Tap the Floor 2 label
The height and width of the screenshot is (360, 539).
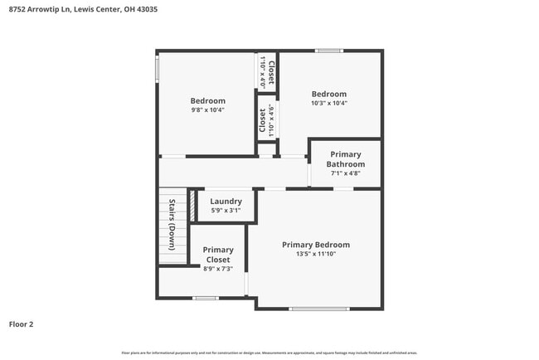pos(21,324)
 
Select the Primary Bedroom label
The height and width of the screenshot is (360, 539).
pos(315,245)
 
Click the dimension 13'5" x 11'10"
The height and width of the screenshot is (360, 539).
pos(315,255)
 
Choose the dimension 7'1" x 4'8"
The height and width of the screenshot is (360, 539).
pos(345,174)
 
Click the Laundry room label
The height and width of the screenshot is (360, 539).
pos(226,201)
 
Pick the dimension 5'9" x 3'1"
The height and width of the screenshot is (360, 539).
pos(226,211)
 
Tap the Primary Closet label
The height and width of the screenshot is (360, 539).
pos(218,255)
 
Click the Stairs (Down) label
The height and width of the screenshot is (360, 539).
pos(172,225)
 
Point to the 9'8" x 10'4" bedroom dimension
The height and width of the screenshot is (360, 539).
pos(207,109)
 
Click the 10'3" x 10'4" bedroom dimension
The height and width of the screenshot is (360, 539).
pos(328,104)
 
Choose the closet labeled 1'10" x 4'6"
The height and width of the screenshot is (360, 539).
pos(266,120)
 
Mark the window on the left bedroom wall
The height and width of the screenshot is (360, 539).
pos(157,68)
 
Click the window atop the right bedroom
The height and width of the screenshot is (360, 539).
pos(329,51)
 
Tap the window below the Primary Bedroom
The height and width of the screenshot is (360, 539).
pos(319,309)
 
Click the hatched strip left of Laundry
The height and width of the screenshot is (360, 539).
pos(191,207)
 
